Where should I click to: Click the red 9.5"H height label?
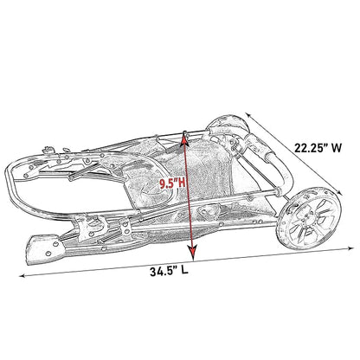pyautogui.click(x=172, y=183)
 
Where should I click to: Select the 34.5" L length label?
pyautogui.click(x=169, y=272)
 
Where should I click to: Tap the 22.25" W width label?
pyautogui.click(x=318, y=148)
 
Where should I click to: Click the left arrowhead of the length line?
pyautogui.click(x=22, y=276)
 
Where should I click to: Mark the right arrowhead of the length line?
pyautogui.click(x=350, y=247)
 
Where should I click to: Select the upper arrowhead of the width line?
pyautogui.click(x=248, y=115)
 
